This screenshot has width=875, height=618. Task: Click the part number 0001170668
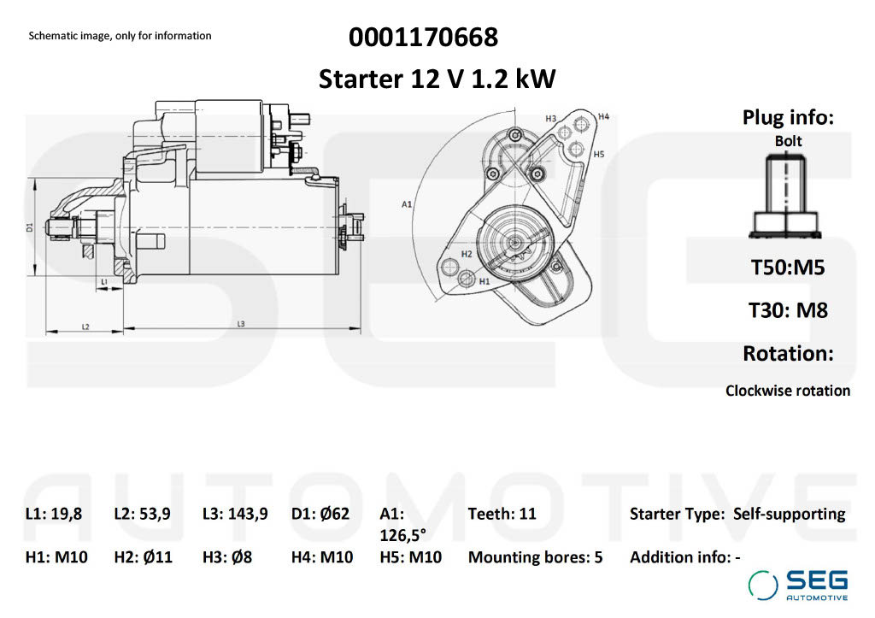click(x=423, y=38)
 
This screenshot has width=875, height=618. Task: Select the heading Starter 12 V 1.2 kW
click(x=437, y=79)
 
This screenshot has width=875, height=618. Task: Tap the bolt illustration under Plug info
click(x=787, y=197)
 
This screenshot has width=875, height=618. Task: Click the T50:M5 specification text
click(x=788, y=268)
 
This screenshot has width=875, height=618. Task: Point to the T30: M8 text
click(x=788, y=310)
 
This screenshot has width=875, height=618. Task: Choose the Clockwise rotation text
click(x=788, y=391)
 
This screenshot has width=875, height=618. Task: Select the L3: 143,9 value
click(x=235, y=514)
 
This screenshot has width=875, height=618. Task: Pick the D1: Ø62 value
click(x=320, y=514)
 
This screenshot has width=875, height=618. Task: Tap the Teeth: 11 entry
click(x=502, y=514)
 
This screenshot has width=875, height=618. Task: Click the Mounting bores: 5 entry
click(x=535, y=557)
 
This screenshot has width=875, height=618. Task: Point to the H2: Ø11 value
click(x=143, y=557)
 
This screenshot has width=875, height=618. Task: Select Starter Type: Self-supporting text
click(x=737, y=514)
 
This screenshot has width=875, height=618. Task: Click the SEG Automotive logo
click(x=798, y=586)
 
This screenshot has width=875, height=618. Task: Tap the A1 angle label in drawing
click(x=407, y=204)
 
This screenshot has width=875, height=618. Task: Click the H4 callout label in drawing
click(x=603, y=116)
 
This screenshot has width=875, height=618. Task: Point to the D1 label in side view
click(x=29, y=227)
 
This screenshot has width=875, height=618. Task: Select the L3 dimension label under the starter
click(x=241, y=324)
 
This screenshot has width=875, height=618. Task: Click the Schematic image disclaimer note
click(x=120, y=36)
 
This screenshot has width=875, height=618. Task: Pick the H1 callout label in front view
click(x=484, y=280)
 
